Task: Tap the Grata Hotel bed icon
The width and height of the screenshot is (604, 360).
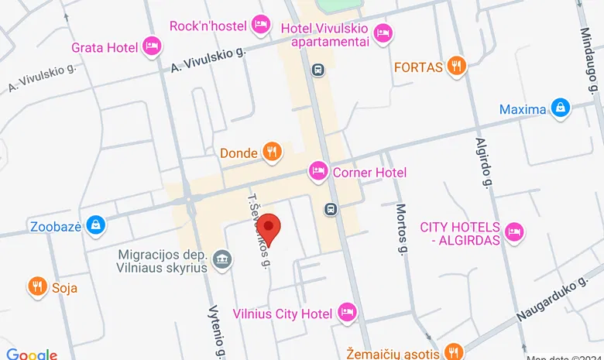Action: [153, 47]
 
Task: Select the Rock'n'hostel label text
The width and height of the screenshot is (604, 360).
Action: [208, 26]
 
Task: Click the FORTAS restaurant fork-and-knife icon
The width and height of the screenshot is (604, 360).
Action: [458, 67]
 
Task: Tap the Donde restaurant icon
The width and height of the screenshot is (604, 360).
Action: [271, 153]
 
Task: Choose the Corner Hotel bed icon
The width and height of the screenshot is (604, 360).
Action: [317, 172]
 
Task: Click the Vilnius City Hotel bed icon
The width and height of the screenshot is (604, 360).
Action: [347, 313]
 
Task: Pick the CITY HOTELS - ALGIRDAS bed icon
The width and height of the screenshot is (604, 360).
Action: [514, 232]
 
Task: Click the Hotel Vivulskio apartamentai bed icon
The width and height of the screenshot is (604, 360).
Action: [383, 33]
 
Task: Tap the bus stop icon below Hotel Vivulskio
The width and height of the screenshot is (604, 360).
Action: [317, 70]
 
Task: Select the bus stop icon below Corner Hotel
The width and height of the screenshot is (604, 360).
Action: [330, 209]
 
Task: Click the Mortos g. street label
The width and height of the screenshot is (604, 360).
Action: [401, 228]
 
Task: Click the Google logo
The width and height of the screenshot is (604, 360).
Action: [32, 354]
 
